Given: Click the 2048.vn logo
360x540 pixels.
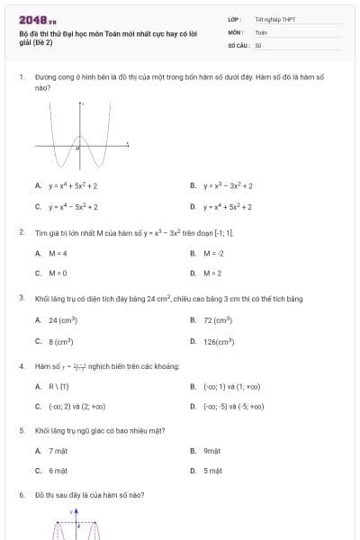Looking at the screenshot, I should (x=38, y=19).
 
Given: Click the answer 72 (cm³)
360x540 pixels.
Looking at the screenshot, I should (x=217, y=319).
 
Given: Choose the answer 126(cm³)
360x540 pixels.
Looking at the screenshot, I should (x=219, y=341).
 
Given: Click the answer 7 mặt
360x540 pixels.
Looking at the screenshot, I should (x=58, y=450).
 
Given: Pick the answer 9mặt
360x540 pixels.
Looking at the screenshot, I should (x=212, y=450).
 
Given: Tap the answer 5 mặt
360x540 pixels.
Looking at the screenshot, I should (x=212, y=471).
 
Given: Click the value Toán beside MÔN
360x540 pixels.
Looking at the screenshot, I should (x=261, y=31).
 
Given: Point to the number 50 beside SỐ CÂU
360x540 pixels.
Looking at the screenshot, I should (x=258, y=45).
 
